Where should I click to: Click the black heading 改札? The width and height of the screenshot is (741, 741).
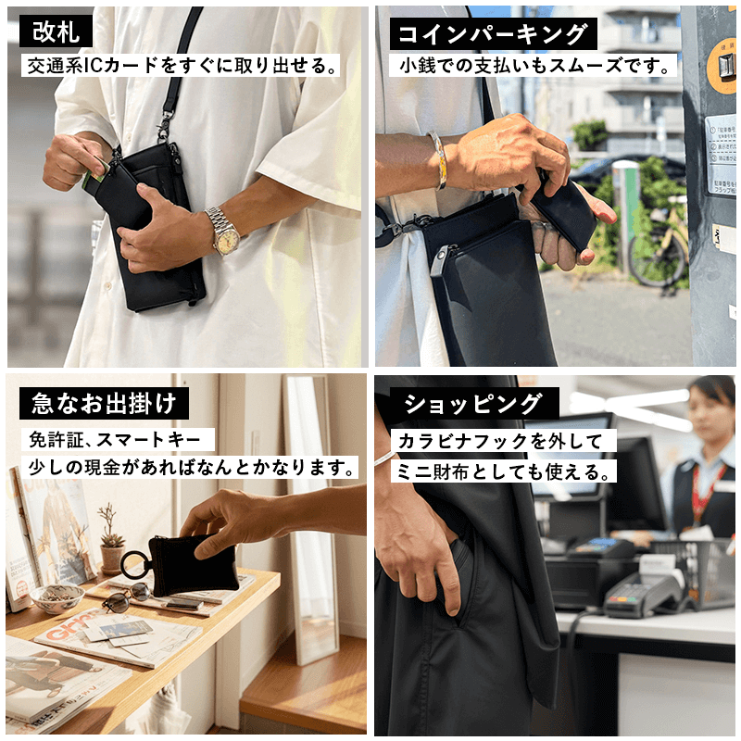(56, 31)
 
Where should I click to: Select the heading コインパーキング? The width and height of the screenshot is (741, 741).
(494, 33)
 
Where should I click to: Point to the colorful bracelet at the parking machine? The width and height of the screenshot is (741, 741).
(438, 160)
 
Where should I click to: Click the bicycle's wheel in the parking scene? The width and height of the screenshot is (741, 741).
(658, 259)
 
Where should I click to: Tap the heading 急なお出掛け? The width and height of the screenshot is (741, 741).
(104, 403)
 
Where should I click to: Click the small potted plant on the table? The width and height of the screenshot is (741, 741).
(111, 541)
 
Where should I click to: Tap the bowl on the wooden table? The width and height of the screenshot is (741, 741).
(57, 597)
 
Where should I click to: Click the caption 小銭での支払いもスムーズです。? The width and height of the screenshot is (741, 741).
(534, 66)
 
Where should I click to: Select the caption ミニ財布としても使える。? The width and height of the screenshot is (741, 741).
(504, 471)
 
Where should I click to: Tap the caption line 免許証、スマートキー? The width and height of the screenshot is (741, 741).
(118, 440)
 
